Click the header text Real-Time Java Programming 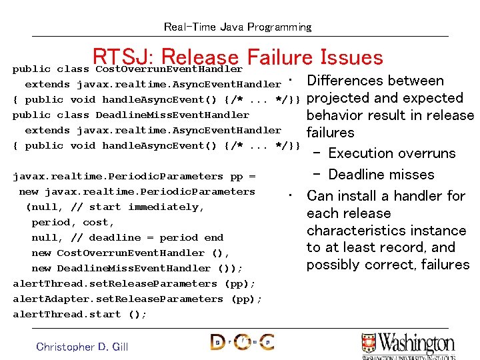click(x=237, y=27)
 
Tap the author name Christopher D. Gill click(x=82, y=347)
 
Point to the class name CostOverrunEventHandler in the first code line click(x=169, y=69)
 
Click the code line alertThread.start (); click(x=80, y=314)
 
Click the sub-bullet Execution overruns click(x=392, y=153)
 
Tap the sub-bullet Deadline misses click(x=381, y=175)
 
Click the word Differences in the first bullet click(x=344, y=81)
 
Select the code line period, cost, click(x=73, y=222)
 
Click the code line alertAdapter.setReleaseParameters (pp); click(x=137, y=299)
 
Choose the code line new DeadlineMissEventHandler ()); click(x=137, y=268)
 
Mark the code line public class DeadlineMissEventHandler click(x=131, y=115)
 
